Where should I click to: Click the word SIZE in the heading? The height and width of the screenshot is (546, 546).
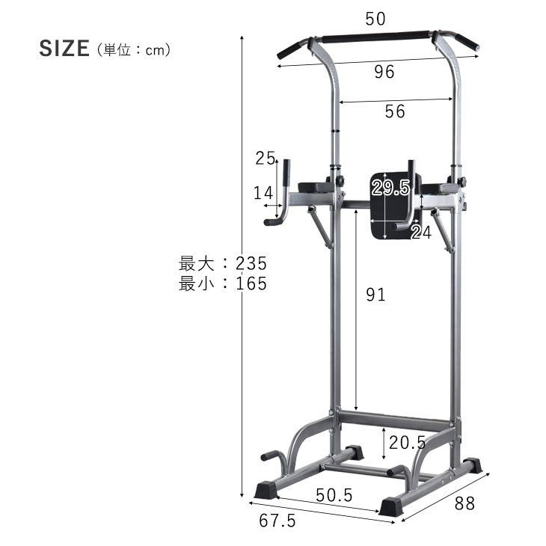coord(64,49)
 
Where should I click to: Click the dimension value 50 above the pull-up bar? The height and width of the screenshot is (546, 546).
coord(375,19)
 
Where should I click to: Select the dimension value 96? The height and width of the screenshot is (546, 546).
coord(384,72)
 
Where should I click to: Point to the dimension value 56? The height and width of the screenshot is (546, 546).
coord(395,111)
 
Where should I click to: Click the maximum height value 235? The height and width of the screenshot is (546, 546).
coord(251,263)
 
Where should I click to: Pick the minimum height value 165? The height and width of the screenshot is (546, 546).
coord(251,283)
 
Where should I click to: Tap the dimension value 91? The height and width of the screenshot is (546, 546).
coord(375,295)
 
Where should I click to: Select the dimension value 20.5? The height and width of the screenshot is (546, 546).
coord(407,443)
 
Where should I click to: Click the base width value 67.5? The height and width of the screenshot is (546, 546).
coord(277,521)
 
